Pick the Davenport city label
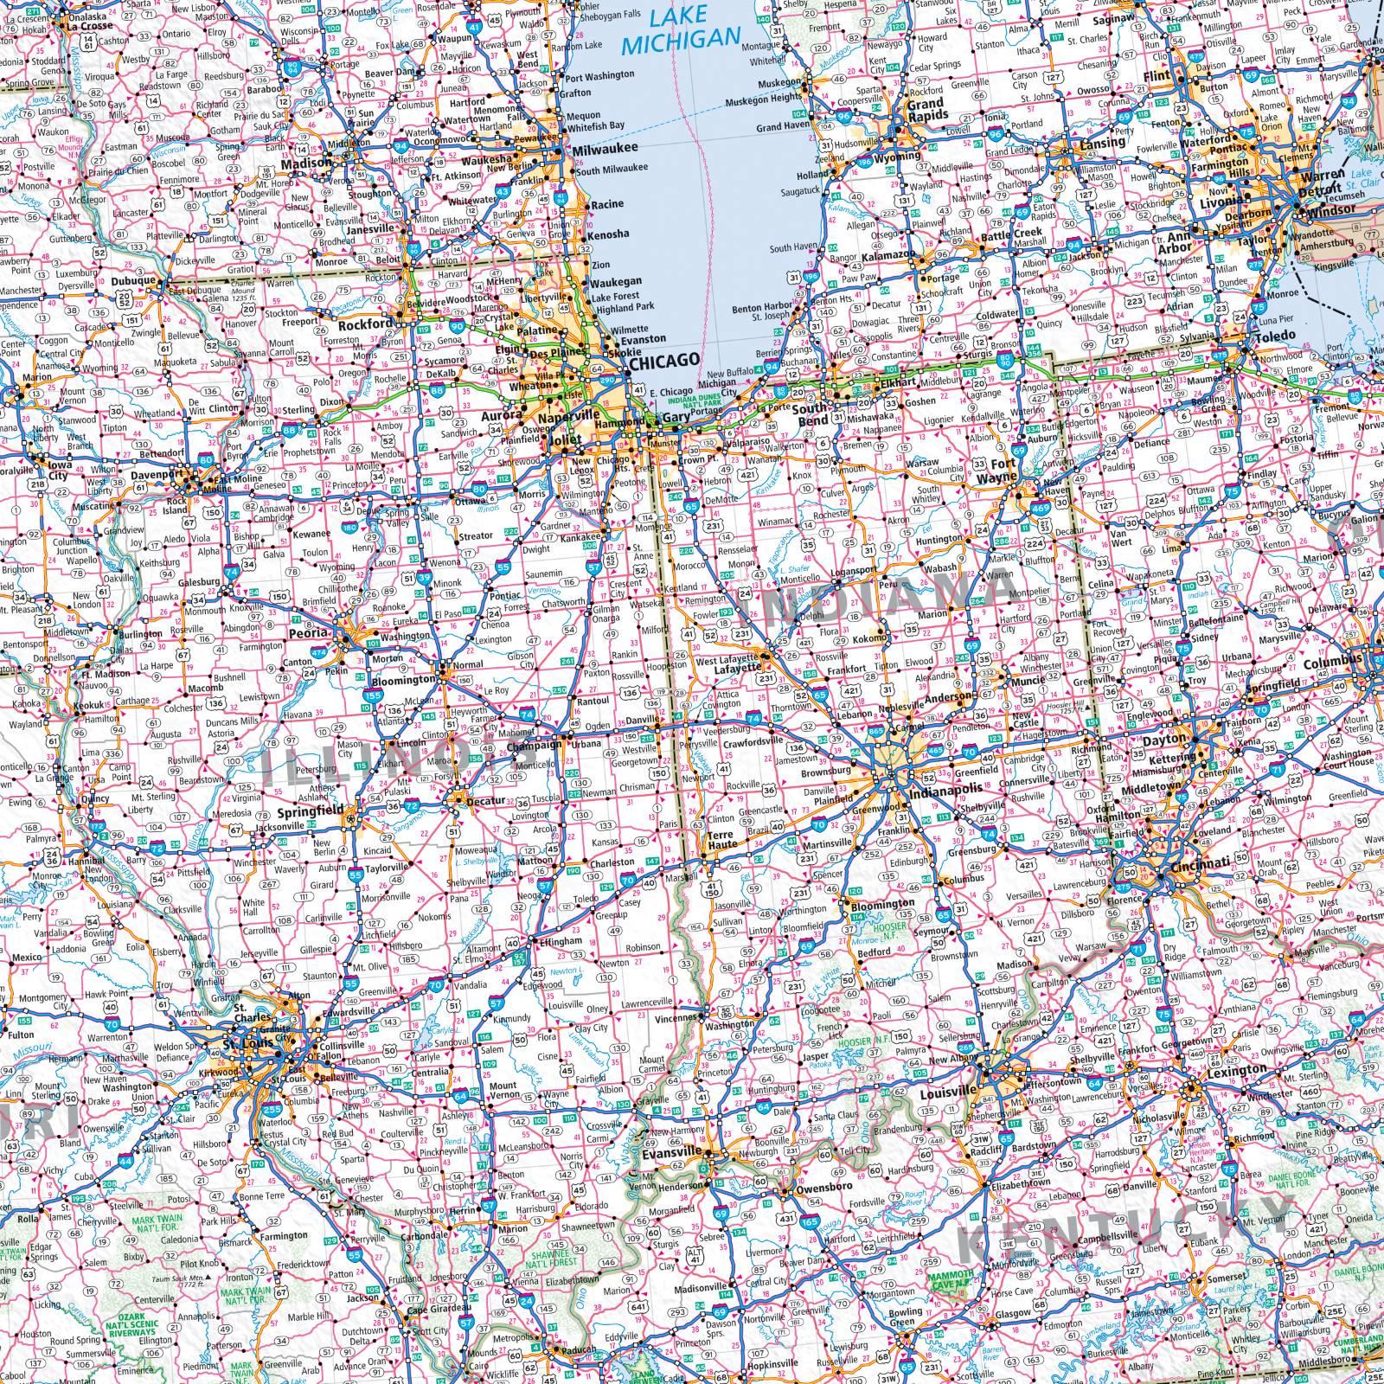[x=157, y=475]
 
